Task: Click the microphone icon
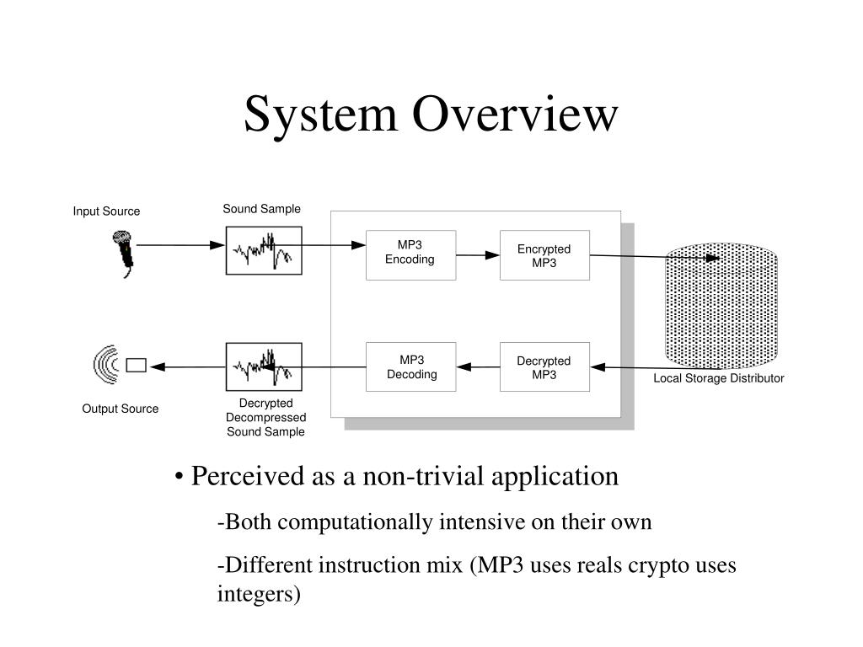pyautogui.click(x=124, y=254)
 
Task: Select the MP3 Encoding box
pyautogui.click(x=410, y=255)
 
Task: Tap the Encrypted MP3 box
pyautogui.click(x=544, y=255)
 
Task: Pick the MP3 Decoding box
pyautogui.click(x=410, y=367)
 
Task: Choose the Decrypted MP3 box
pyautogui.click(x=544, y=367)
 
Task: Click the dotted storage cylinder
pyautogui.click(x=721, y=306)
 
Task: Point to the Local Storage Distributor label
pyautogui.click(x=718, y=378)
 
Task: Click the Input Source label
pyautogui.click(x=106, y=211)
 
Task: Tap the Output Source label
pyautogui.click(x=120, y=409)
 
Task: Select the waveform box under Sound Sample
pyautogui.click(x=264, y=250)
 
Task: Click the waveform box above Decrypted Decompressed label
pyautogui.click(x=264, y=367)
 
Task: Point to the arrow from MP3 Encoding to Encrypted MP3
pyautogui.click(x=478, y=255)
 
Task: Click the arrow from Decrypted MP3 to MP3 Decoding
pyautogui.click(x=478, y=367)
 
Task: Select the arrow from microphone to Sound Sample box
pyautogui.click(x=180, y=245)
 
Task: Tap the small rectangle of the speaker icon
pyautogui.click(x=136, y=366)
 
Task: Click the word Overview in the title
pyautogui.click(x=515, y=114)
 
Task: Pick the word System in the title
pyautogui.click(x=320, y=115)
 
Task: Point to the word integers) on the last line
pyautogui.click(x=259, y=594)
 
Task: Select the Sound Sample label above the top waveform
pyautogui.click(x=261, y=209)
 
